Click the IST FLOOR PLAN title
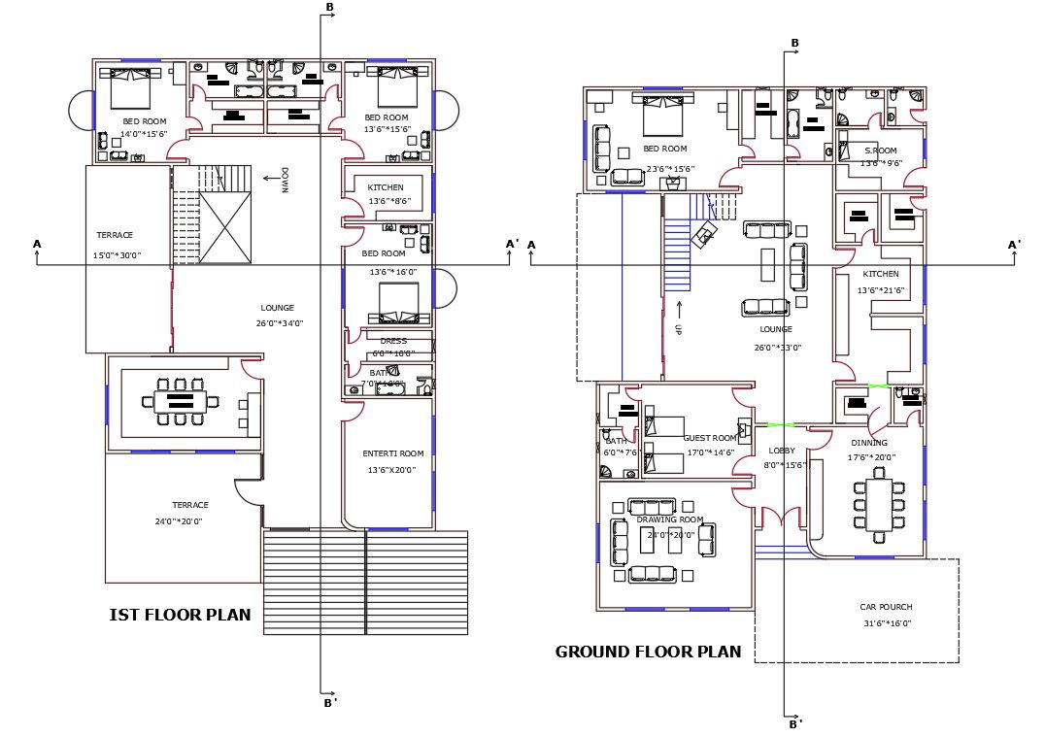click(x=180, y=615)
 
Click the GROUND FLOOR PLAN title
click(x=648, y=652)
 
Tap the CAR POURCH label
click(x=886, y=607)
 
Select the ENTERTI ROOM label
click(x=393, y=453)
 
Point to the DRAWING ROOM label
click(x=669, y=519)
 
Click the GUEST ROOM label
click(x=710, y=438)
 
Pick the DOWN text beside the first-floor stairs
click(x=285, y=181)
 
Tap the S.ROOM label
click(x=881, y=151)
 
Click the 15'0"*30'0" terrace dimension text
click(x=117, y=255)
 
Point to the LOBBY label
click(x=782, y=451)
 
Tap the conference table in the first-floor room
click(x=181, y=401)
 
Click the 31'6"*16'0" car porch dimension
click(x=886, y=623)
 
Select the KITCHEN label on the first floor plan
click(x=386, y=187)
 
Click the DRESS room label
click(x=393, y=341)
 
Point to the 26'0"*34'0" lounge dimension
click(x=280, y=323)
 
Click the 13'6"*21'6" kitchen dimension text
click(x=881, y=290)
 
